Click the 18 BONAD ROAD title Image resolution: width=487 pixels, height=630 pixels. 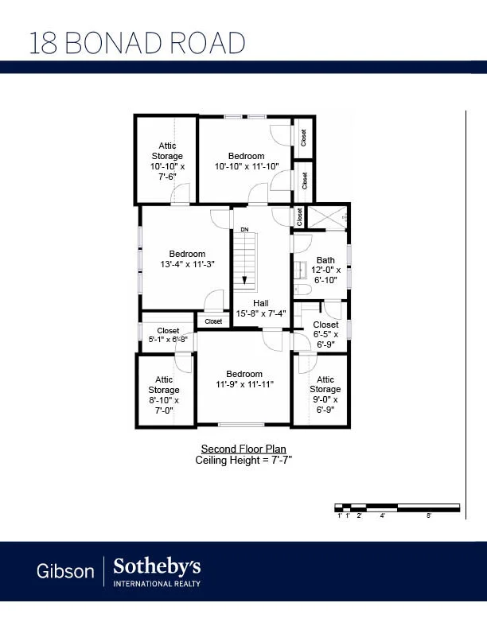pos(137,43)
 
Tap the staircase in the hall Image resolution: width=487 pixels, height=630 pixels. pos(245,261)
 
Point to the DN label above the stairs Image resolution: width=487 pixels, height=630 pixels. pos(245,229)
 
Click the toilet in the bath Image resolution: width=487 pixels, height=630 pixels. pos(302,290)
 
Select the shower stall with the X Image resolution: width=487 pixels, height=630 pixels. pos(326,217)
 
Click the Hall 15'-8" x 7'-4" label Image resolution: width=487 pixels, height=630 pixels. pos(261,309)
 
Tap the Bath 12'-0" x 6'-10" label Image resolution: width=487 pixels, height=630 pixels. pos(325,270)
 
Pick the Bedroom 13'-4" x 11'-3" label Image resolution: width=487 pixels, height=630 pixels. pos(187,259)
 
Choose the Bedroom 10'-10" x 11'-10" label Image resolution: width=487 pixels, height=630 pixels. pos(247,161)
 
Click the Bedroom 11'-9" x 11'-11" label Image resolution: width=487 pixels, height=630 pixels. pos(244,379)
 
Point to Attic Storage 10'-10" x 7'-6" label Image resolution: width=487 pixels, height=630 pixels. pos(168,161)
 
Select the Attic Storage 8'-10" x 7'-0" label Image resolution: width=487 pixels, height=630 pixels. pos(164,395)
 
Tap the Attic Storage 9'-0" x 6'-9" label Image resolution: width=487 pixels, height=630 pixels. pos(325,395)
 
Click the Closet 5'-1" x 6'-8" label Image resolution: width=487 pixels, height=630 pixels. pos(168,335)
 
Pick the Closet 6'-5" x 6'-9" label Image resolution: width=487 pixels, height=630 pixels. pos(325,334)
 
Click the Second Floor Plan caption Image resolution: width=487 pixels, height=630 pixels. pos(243,449)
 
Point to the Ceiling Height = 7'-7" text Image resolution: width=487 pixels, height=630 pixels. pos(243,460)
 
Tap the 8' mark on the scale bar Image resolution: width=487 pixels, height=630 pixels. pos(429,515)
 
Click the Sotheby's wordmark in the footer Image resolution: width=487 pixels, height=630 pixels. pos(157,567)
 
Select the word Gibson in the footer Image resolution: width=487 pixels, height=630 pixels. pos(65,571)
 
